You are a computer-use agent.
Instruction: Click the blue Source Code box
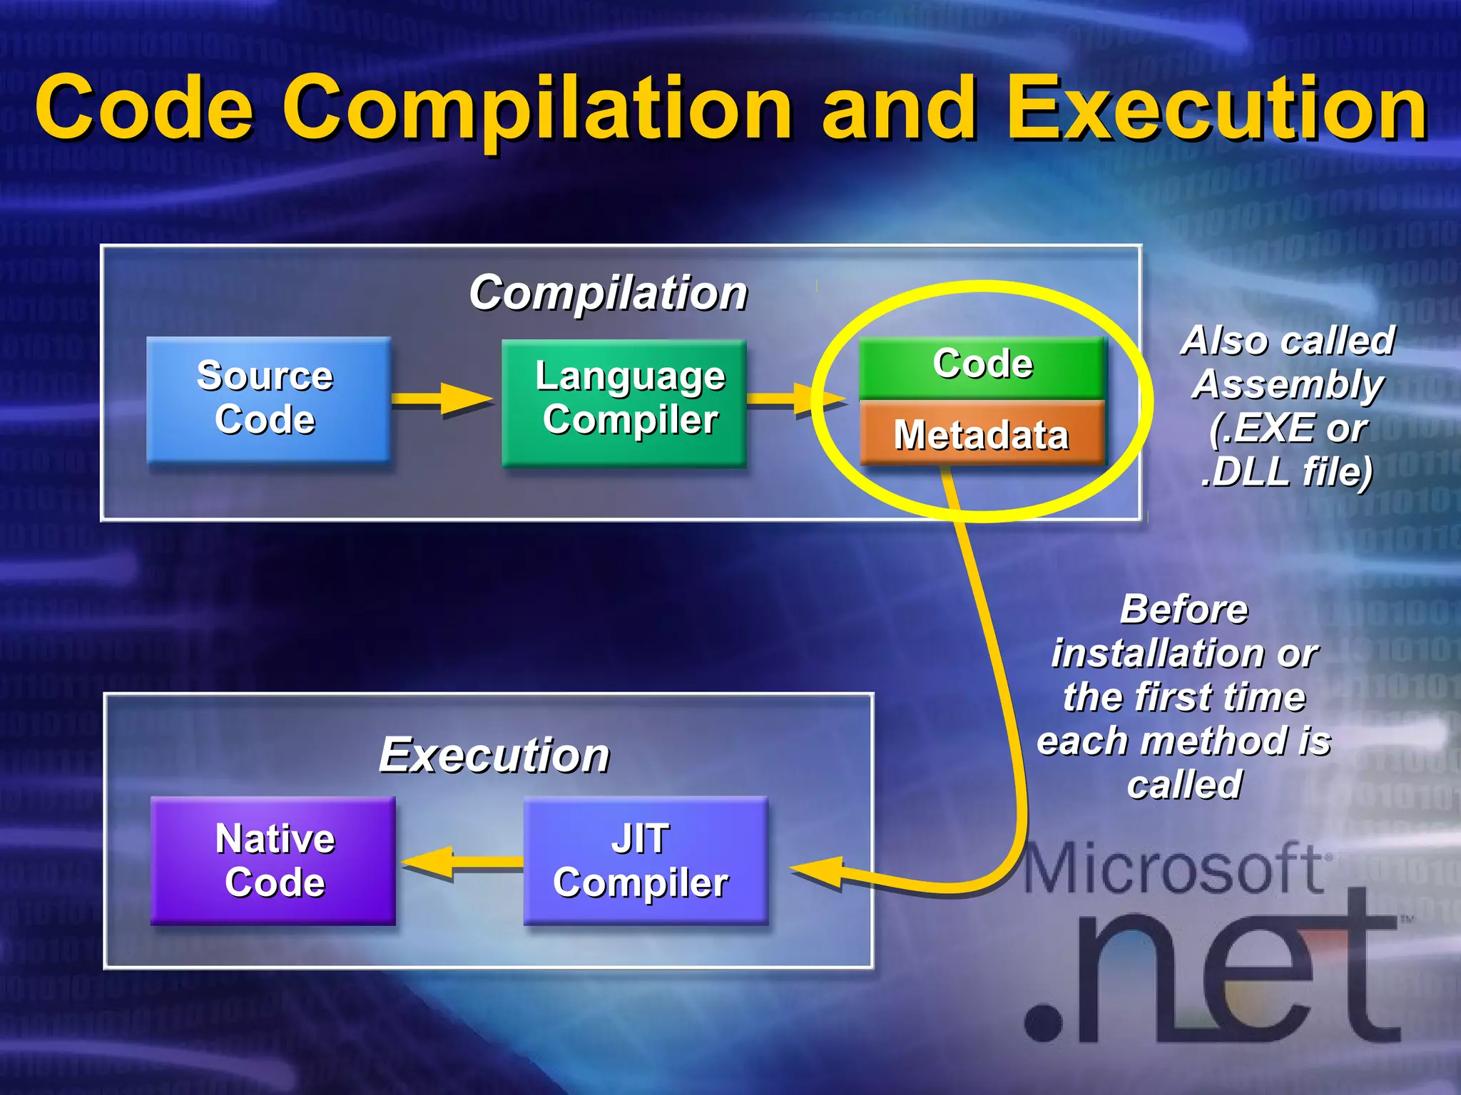coord(268,399)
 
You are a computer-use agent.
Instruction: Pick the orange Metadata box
coord(982,433)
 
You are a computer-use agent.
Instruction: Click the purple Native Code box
coord(273,860)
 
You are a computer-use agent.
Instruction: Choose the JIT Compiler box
coord(645,860)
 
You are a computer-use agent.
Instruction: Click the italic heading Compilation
coord(608,293)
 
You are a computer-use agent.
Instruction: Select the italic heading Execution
coord(494,755)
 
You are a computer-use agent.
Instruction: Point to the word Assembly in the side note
coord(1288,385)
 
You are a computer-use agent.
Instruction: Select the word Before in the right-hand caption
coord(1183,610)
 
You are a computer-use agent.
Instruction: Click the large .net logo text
coord(1213,977)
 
